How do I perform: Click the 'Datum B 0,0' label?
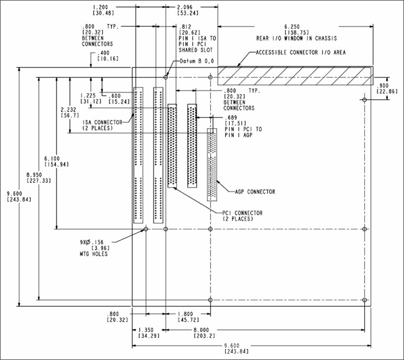[198, 61]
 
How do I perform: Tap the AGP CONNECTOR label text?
[255, 192]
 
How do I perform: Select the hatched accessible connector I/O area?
[295, 76]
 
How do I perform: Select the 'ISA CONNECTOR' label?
[102, 122]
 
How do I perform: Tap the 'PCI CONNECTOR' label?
[243, 213]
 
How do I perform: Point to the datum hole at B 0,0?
[166, 76]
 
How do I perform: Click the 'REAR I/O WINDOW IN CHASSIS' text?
[296, 39]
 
